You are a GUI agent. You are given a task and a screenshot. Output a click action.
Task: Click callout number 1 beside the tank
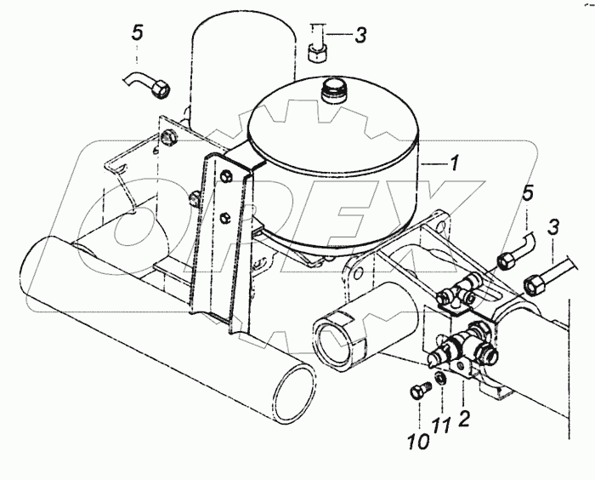pyautogui.click(x=453, y=163)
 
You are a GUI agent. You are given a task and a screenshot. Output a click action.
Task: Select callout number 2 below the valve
pyautogui.click(x=464, y=419)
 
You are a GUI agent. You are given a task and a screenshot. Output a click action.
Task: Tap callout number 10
pyautogui.click(x=418, y=441)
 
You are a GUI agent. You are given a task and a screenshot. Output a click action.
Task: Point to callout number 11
pyautogui.click(x=441, y=425)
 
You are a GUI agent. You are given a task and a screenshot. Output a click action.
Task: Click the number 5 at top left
pyautogui.click(x=138, y=32)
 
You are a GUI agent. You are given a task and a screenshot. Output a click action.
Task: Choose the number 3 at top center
pyautogui.click(x=360, y=36)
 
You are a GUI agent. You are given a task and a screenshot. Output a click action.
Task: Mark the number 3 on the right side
pyautogui.click(x=552, y=229)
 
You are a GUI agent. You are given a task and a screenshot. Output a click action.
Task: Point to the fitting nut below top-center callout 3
pyautogui.click(x=316, y=53)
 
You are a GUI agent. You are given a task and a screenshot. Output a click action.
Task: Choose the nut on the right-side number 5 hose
pyautogui.click(x=507, y=260)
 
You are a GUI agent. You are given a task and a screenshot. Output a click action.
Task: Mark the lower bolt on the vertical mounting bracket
pyautogui.click(x=224, y=217)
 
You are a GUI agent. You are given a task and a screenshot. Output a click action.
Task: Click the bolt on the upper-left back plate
pyautogui.click(x=168, y=137)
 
